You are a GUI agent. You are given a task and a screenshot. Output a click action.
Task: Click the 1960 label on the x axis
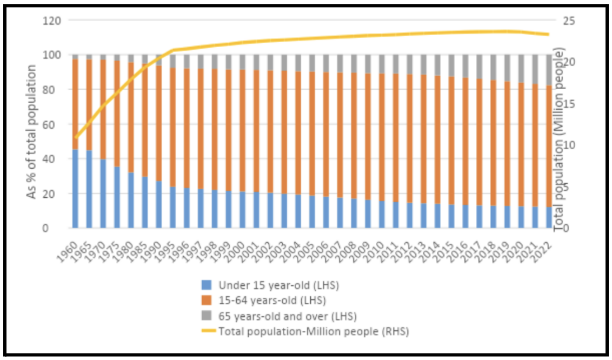pos(70,242)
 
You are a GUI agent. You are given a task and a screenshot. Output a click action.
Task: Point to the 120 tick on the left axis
pos(51,21)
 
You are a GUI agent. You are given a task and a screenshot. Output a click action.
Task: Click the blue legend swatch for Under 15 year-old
pos(206,285)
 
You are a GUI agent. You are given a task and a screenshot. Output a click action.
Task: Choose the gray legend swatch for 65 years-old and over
pos(206,315)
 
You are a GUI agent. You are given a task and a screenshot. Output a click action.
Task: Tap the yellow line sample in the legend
pos(205,330)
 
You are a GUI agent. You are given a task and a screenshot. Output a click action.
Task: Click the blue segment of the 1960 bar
pos(75,189)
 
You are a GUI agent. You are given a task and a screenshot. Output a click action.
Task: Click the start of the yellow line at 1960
pos(76,137)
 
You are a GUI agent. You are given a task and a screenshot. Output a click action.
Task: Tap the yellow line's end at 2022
pos(548,35)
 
